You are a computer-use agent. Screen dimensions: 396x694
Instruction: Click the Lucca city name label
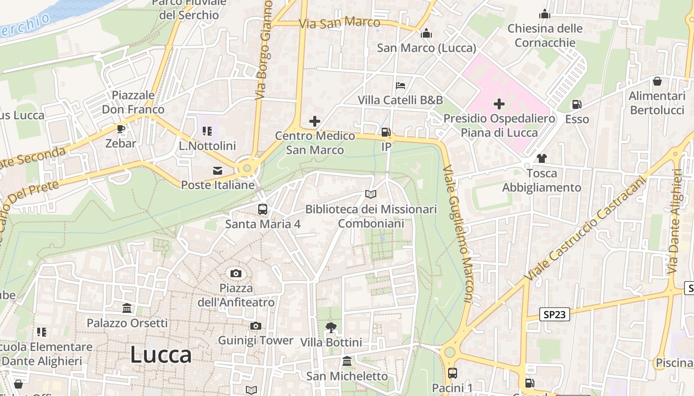point(161,355)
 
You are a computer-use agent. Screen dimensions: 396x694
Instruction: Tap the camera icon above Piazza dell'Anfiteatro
point(235,273)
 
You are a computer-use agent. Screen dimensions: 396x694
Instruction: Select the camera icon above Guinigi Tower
point(255,326)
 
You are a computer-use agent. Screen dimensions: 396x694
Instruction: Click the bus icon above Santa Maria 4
point(263,209)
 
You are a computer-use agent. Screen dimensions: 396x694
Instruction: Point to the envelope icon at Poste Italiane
point(218,171)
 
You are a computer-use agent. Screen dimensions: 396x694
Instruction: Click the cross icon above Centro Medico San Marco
point(314,121)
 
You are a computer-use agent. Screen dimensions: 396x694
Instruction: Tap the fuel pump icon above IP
point(386,132)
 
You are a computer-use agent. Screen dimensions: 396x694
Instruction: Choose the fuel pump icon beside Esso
point(577,104)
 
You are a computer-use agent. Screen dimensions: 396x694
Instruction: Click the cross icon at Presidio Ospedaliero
point(499,104)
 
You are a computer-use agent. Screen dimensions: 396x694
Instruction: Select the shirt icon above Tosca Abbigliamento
point(541,158)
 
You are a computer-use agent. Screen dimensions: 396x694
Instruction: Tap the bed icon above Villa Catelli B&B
point(401,86)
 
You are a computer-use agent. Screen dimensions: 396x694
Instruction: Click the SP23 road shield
point(555,314)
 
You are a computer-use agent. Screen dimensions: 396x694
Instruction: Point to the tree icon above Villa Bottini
point(331,327)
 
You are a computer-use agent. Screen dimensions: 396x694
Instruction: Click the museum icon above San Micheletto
point(347,361)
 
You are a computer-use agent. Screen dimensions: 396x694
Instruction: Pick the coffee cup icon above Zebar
point(120,129)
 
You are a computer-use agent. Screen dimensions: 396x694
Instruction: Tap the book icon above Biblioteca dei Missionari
point(371,195)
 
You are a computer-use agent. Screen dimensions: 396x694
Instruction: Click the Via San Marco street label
point(340,22)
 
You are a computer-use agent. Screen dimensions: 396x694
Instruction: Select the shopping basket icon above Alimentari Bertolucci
point(657,81)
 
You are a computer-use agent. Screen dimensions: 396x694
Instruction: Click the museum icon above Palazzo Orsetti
point(127,308)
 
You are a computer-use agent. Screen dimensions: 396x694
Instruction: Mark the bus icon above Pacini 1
point(452,373)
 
